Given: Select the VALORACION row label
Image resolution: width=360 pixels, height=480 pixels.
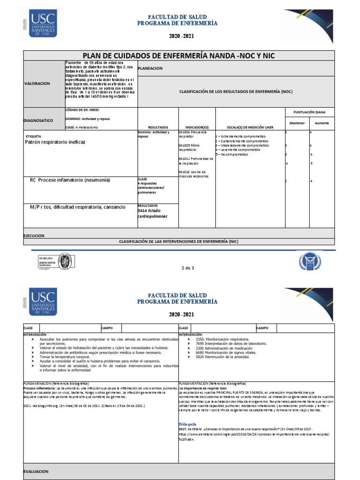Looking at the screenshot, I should pos(37,83).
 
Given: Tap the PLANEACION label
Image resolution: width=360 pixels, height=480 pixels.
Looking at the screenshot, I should pos(150,68).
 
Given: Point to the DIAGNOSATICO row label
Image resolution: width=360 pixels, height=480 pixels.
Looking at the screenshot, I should pos(38,120).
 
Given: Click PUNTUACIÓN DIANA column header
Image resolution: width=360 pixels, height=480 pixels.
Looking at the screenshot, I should pos(309,112).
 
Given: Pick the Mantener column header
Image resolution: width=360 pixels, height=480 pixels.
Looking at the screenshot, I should pos(297,123).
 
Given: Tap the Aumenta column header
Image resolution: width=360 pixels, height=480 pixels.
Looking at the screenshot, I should pos(322,123).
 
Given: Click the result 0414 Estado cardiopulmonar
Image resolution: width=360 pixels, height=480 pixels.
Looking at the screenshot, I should pos(152,214).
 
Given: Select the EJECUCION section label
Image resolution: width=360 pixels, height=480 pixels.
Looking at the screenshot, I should pos(34,236).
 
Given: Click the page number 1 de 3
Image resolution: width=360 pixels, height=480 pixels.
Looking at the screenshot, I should pos(187,268).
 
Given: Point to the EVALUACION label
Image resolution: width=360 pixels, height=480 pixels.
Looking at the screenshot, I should pos(36,471).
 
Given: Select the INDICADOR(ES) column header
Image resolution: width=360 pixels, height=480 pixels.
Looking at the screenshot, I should pos(196,127).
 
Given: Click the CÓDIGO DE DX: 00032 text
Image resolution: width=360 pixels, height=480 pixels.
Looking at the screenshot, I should pos(82,110).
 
